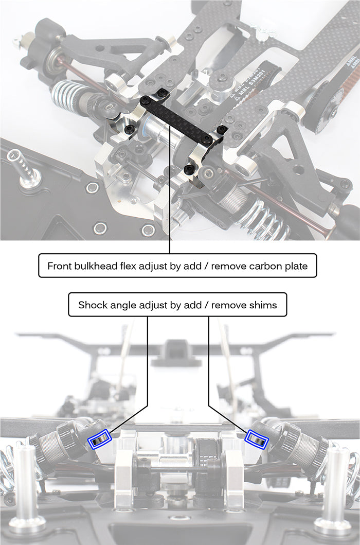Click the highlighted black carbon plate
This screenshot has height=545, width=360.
(x=183, y=117)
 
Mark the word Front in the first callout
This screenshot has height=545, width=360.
(x=59, y=266)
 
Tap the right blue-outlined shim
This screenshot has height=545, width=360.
(x=257, y=439)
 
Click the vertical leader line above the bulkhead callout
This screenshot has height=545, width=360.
(x=170, y=206)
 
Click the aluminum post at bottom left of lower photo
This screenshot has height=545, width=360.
(x=26, y=489)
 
